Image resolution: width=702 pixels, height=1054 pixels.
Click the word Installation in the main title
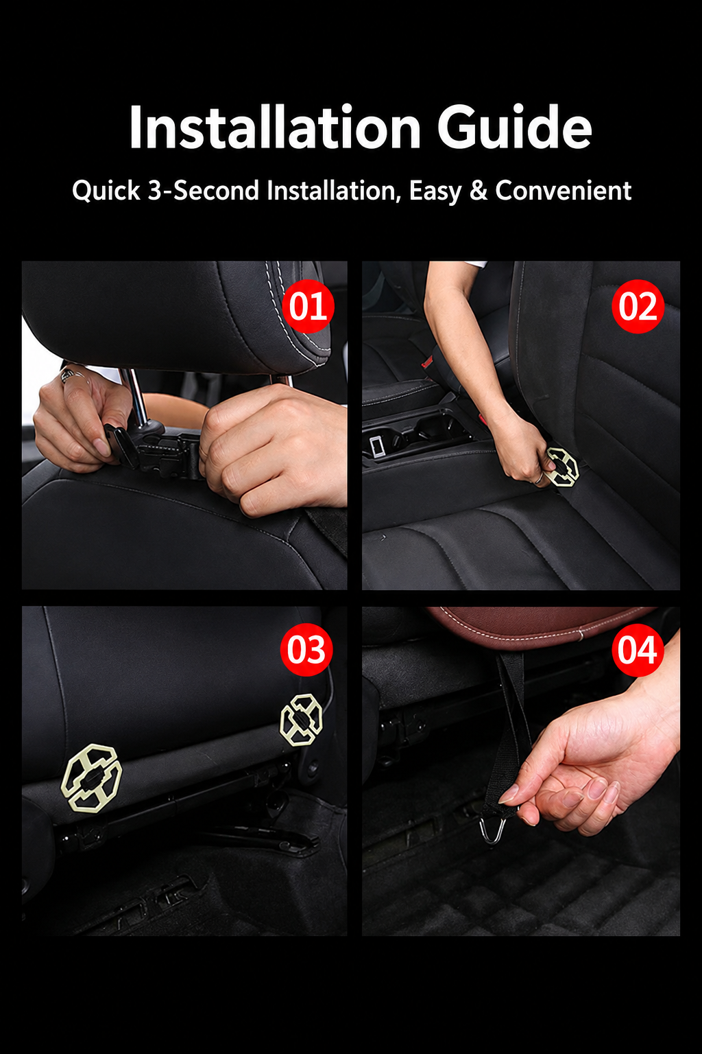point(275,127)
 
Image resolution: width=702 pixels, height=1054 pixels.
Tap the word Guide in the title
point(514,127)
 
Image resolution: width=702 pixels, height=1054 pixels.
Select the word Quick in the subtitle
point(106,191)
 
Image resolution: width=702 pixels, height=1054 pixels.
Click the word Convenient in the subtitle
point(563,191)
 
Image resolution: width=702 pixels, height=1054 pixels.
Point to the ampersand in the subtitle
point(479,191)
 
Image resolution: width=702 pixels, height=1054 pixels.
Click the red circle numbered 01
point(308,306)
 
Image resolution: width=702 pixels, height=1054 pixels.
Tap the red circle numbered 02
point(638,306)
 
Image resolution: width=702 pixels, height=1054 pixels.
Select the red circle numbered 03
point(306,650)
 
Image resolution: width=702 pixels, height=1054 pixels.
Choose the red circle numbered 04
point(638,650)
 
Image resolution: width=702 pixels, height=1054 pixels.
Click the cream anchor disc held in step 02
point(562,467)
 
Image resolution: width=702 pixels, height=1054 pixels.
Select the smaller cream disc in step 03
point(302,720)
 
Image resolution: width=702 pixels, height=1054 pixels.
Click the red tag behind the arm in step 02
point(427,362)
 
